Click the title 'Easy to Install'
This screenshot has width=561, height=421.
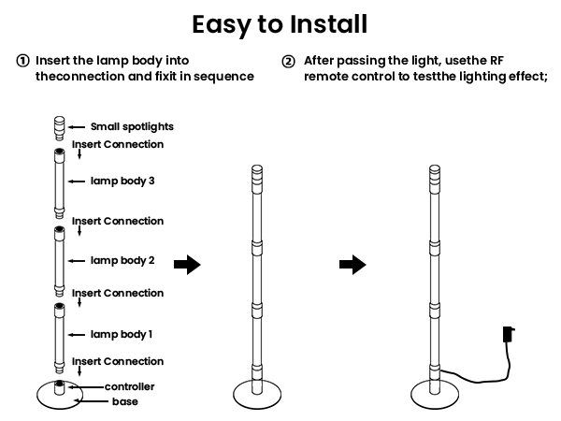(x=280, y=22)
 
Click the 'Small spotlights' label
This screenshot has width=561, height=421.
(x=132, y=126)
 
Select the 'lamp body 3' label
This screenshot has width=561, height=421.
(x=122, y=181)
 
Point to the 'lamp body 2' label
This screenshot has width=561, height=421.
(x=122, y=260)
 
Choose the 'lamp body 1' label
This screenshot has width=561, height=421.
(x=122, y=334)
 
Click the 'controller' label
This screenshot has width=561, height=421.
(x=129, y=386)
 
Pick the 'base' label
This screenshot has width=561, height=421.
(x=125, y=402)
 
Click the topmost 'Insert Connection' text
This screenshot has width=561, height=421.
(x=118, y=144)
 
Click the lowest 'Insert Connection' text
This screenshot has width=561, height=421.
(x=118, y=361)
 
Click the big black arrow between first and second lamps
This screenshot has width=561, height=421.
(x=188, y=265)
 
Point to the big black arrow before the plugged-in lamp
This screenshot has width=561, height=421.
(x=352, y=265)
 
